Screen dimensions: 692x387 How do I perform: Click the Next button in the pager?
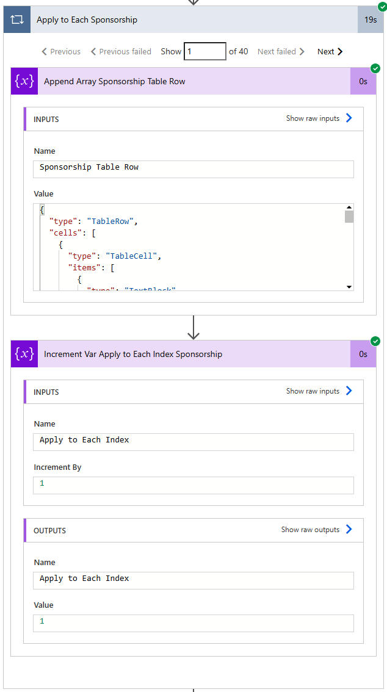click(330, 52)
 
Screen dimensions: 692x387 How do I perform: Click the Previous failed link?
click(121, 52)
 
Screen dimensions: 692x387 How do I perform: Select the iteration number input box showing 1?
click(205, 52)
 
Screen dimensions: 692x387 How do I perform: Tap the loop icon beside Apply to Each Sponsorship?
click(16, 20)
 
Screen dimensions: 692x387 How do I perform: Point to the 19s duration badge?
click(371, 20)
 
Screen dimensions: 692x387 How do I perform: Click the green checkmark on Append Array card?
click(375, 68)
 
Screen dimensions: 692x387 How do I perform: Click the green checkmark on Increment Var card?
click(375, 341)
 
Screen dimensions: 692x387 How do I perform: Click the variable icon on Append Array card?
click(24, 82)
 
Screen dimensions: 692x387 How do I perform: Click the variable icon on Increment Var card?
click(24, 355)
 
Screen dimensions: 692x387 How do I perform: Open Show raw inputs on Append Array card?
click(319, 118)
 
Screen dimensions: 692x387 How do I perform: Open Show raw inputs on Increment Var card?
click(319, 391)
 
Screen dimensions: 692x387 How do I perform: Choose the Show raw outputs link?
click(317, 530)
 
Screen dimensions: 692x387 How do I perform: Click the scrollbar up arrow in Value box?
click(349, 207)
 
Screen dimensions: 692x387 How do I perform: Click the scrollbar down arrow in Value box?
click(349, 286)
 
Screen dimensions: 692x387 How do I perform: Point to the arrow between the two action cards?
click(193, 328)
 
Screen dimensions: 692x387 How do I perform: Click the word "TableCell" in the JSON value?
click(133, 256)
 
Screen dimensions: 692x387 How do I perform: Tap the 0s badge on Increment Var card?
click(363, 355)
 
